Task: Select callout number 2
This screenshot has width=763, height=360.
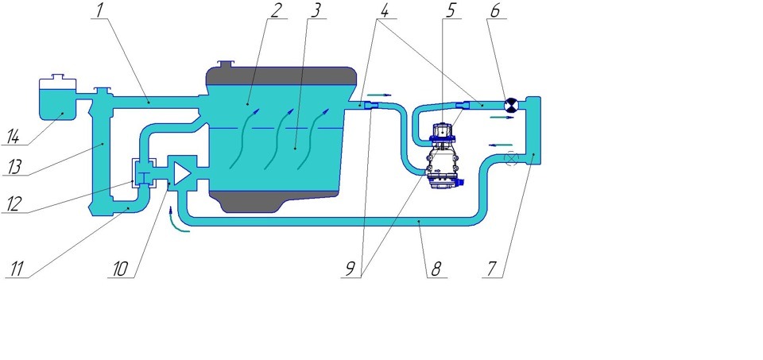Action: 276,10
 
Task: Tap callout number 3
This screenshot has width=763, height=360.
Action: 316,10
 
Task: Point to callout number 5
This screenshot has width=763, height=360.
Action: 451,10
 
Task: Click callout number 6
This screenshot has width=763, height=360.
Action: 495,10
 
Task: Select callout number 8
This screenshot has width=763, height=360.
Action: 436,270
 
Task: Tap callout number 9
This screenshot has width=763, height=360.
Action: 350,270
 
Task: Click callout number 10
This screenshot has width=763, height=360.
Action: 120,270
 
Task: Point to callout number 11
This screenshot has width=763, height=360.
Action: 16,270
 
